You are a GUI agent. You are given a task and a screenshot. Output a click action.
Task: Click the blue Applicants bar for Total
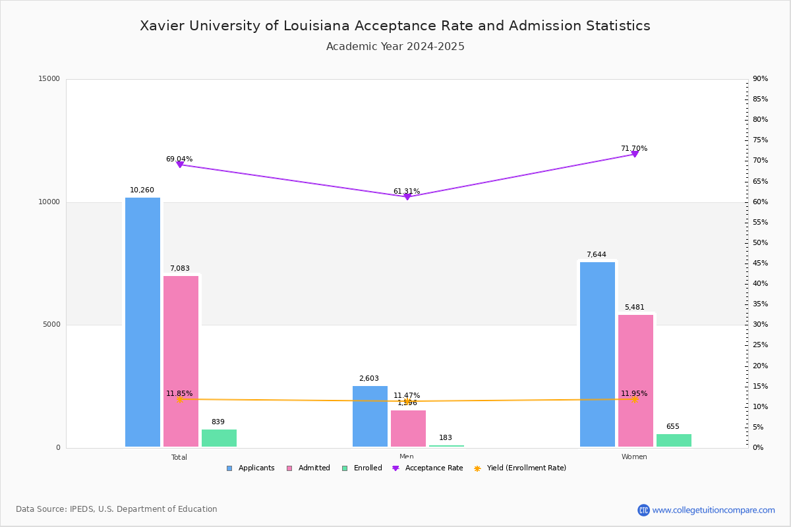[x=142, y=322]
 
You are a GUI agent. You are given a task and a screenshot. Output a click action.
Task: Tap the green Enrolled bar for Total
[x=219, y=438]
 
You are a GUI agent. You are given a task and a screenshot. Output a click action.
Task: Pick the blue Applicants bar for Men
[x=370, y=416]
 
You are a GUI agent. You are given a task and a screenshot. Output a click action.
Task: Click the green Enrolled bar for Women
[x=674, y=441]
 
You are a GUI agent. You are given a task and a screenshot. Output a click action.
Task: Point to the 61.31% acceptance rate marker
[x=407, y=197]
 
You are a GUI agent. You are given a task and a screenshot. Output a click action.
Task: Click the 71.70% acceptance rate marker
[x=635, y=154]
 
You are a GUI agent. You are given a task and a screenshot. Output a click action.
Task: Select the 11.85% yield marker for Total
[x=179, y=399]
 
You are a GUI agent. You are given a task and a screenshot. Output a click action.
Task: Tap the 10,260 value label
[x=142, y=190]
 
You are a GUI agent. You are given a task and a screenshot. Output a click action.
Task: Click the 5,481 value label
[x=635, y=308]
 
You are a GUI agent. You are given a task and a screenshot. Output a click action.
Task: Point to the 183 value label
[x=446, y=438]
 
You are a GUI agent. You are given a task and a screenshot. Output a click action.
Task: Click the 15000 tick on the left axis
[x=49, y=79]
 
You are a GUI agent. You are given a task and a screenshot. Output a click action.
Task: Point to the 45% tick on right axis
[x=760, y=263]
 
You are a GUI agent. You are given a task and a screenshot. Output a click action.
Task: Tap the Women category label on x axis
[x=634, y=457]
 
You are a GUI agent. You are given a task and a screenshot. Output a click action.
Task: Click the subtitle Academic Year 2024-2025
[x=395, y=47]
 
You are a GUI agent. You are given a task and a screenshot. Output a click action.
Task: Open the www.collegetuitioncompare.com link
[x=713, y=510]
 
